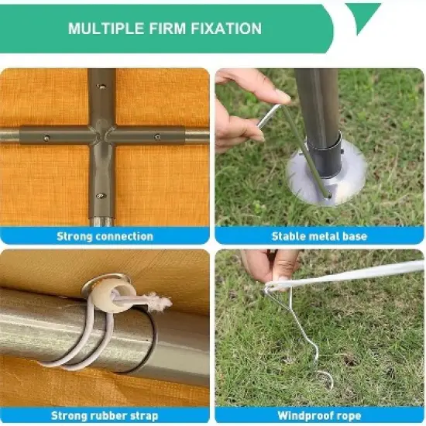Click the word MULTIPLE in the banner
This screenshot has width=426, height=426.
tap(105, 29)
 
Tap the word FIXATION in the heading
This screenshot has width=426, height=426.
tap(226, 29)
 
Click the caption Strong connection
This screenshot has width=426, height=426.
tap(105, 236)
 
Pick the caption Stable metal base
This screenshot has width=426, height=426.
tap(319, 236)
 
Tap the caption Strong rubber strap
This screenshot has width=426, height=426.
tap(105, 416)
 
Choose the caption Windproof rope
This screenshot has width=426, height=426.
tap(319, 416)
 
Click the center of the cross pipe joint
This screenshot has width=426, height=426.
tap(101, 135)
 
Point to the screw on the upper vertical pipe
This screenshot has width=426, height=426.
tap(101, 87)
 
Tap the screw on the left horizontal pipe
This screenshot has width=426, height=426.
tap(46, 138)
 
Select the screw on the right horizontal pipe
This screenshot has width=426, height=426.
tap(157, 136)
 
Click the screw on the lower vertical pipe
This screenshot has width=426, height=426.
tap(101, 196)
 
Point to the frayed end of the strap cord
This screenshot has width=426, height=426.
tap(160, 300)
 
